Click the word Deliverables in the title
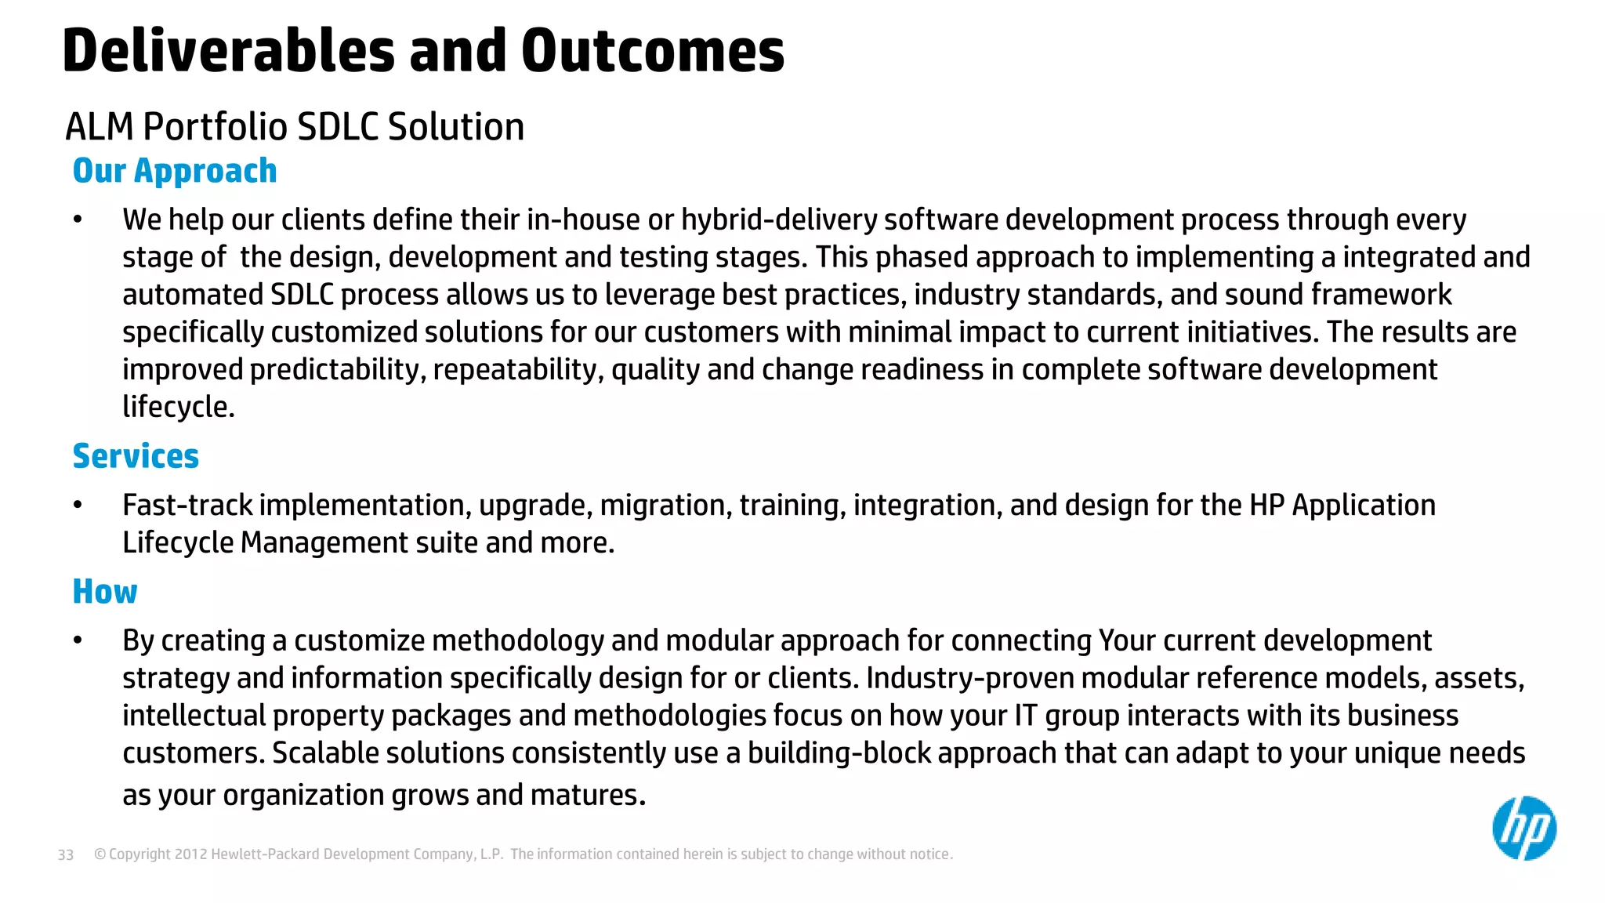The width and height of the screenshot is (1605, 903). pyautogui.click(x=228, y=52)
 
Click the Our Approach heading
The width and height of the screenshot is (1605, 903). pyautogui.click(x=174, y=171)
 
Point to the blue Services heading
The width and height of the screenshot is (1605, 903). pyautogui.click(x=136, y=456)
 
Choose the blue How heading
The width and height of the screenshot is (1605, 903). pyautogui.click(x=104, y=592)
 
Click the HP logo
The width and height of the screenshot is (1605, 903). pyautogui.click(x=1523, y=829)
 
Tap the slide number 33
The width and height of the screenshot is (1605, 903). pyautogui.click(x=66, y=855)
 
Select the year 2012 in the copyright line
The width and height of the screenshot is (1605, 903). pyautogui.click(x=190, y=854)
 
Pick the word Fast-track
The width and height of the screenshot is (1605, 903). pyautogui.click(x=187, y=506)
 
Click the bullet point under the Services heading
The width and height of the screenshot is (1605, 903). pyautogui.click(x=78, y=506)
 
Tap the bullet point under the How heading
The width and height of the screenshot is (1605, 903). pyautogui.click(x=78, y=641)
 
